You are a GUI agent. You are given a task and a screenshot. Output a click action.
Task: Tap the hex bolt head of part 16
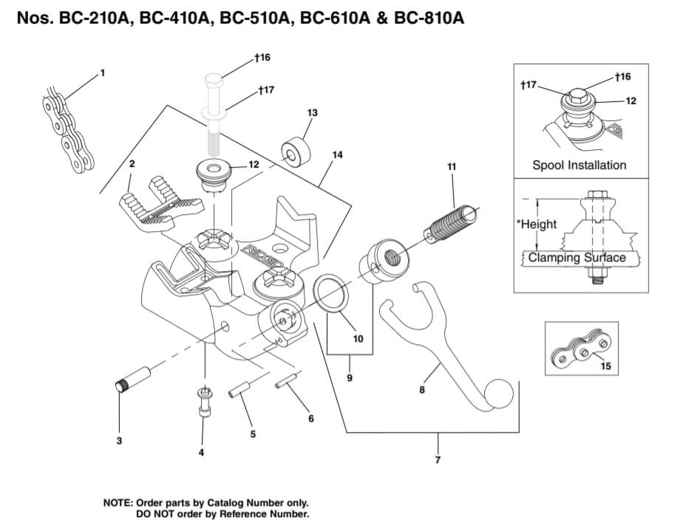(213, 83)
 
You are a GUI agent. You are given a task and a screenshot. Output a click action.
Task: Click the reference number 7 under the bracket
(438, 460)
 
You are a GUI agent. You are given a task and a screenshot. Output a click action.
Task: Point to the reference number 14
(338, 155)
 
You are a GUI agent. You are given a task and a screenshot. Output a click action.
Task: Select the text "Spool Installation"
(579, 165)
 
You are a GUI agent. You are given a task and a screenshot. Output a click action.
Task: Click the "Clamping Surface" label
(576, 258)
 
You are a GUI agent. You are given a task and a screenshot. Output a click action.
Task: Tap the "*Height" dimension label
(538, 224)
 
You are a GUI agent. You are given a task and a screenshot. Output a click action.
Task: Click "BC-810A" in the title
(429, 17)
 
